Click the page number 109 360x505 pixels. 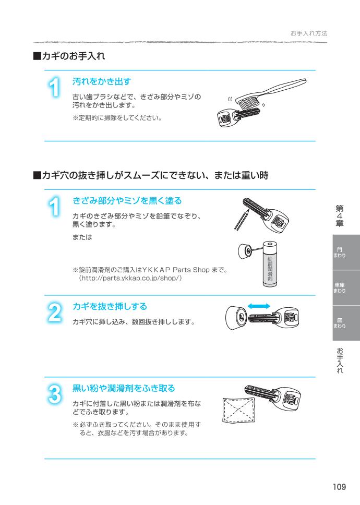point(340,487)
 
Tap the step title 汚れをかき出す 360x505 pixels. point(101,81)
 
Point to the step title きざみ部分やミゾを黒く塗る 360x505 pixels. point(127,201)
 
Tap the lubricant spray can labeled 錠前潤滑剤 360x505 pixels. point(270,263)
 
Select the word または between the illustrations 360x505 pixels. point(81,237)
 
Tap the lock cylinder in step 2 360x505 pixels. point(238,318)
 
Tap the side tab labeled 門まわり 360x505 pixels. point(339,252)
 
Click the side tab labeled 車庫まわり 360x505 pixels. point(339,287)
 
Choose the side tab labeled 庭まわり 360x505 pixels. point(339,323)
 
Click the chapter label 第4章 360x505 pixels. point(339,215)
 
